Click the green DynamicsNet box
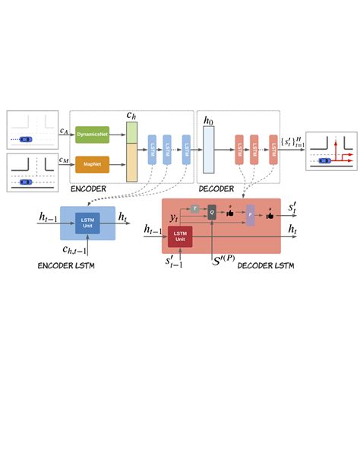(x=93, y=132)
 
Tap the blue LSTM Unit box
(x=87, y=223)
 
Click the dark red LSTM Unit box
(x=180, y=236)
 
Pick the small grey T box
(x=195, y=208)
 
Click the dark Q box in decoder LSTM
(x=213, y=214)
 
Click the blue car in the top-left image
(x=27, y=139)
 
